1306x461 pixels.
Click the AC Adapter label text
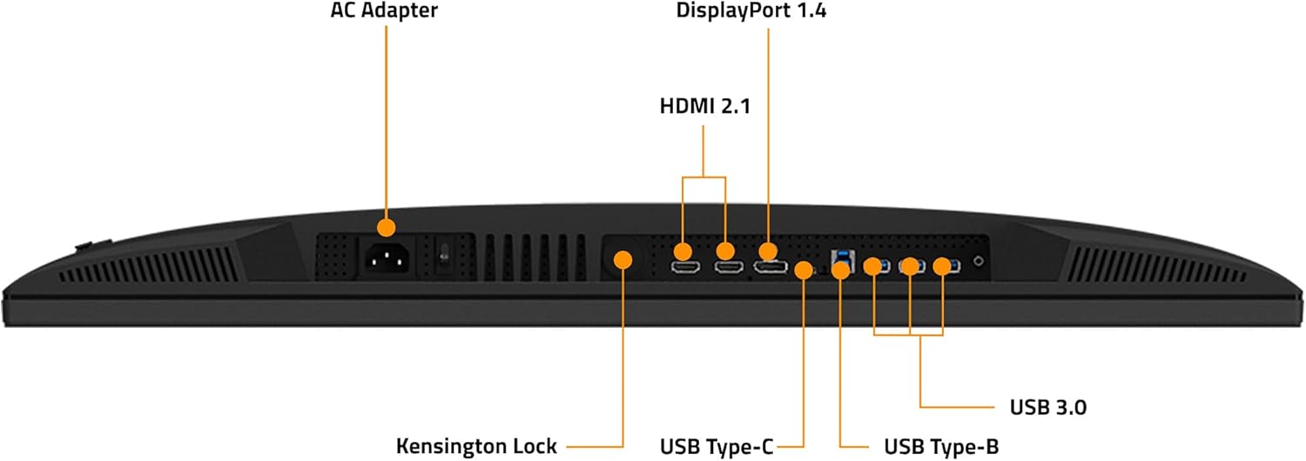pyautogui.click(x=384, y=11)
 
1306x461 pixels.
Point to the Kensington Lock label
pyautogui.click(x=476, y=446)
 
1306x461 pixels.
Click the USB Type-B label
pyautogui.click(x=940, y=446)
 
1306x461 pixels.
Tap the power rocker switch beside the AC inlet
pyautogui.click(x=444, y=254)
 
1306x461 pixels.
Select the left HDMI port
pyautogui.click(x=683, y=264)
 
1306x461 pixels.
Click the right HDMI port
pyautogui.click(x=725, y=264)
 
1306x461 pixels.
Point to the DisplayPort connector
pyautogui.click(x=771, y=264)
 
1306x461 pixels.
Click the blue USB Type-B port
pyautogui.click(x=840, y=257)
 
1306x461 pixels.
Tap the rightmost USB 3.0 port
pyautogui.click(x=949, y=265)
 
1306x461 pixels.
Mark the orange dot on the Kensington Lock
pyautogui.click(x=623, y=259)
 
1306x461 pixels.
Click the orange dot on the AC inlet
pyautogui.click(x=385, y=227)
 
